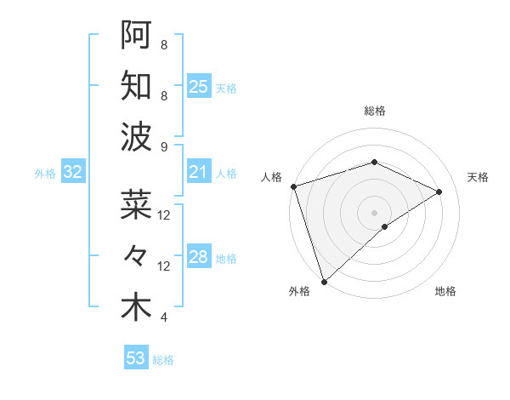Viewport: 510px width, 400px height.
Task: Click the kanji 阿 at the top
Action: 136,35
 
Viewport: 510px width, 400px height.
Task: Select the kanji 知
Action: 136,87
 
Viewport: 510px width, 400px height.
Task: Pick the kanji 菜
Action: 136,204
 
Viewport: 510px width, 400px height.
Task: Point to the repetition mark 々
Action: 136,255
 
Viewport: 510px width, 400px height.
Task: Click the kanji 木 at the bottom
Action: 136,307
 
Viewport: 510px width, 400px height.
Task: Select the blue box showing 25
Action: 199,87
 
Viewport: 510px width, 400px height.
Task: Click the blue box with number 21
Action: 199,173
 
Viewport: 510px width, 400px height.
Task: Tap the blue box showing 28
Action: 199,257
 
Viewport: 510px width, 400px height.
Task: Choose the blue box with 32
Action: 72,173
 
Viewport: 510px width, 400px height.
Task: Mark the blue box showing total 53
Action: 136,358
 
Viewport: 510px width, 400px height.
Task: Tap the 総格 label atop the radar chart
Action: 375,111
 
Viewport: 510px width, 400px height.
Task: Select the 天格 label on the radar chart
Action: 478,177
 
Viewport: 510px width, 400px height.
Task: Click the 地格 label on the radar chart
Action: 445,292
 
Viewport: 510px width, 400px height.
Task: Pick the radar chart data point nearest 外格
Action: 324,281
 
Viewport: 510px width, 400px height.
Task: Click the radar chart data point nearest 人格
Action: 293,186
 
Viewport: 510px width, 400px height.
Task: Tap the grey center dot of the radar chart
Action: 374,212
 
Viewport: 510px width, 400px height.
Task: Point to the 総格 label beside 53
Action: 163,360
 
